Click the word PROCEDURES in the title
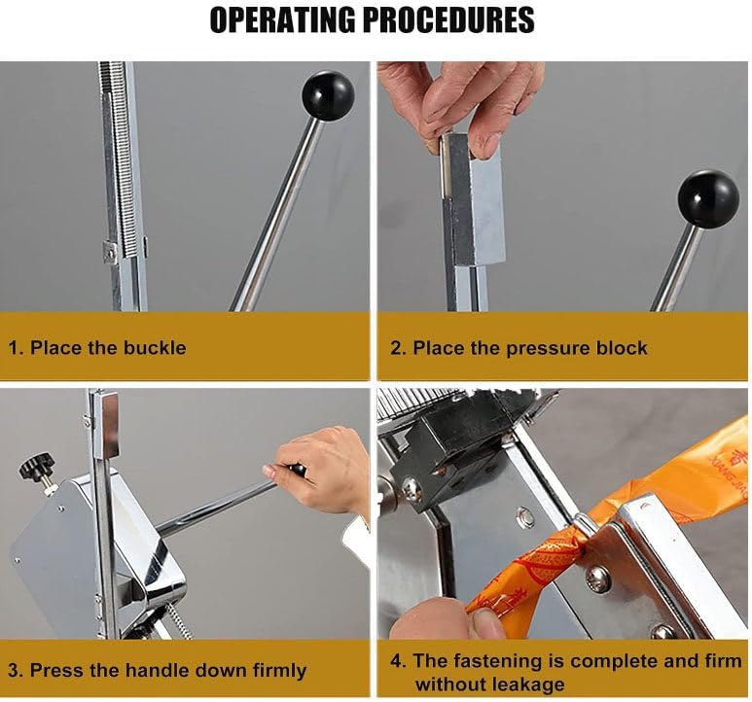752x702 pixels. pos(448,19)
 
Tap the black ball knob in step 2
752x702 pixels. pos(708,199)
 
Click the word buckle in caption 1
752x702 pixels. pos(155,347)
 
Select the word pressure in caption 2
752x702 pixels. pos(548,348)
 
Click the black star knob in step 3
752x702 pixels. pos(37,465)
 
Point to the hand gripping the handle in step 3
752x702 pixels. pos(320,471)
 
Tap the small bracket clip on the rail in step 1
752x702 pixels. pos(110,251)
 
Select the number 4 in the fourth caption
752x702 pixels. pos(396,661)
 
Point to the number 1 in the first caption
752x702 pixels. pos(13,348)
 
